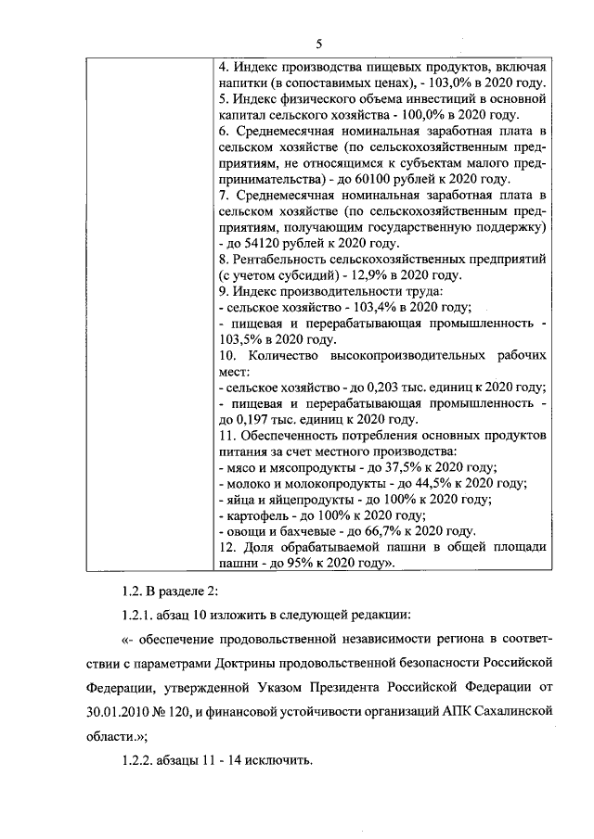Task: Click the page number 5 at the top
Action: pyautogui.click(x=318, y=44)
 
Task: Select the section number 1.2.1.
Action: pyautogui.click(x=140, y=617)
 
